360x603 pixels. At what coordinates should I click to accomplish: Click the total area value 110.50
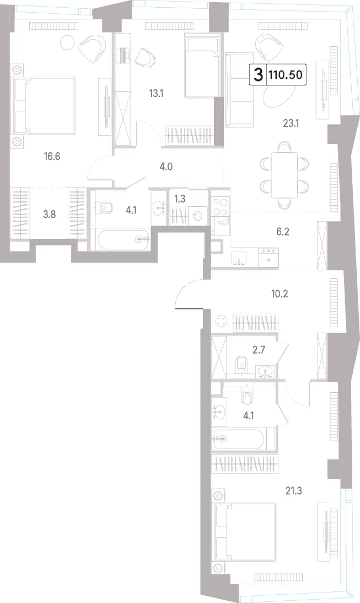pos(286,74)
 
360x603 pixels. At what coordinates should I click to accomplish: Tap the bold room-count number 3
pos(259,74)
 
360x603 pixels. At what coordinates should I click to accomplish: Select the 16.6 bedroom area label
pos(52,157)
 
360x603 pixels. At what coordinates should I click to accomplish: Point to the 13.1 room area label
pos(156,93)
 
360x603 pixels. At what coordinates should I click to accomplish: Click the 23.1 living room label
pos(291,124)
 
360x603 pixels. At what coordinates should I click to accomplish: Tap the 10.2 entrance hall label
pos(280,294)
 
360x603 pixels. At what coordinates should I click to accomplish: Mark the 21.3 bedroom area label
pos(293,491)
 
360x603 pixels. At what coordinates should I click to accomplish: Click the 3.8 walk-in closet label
pos(49,215)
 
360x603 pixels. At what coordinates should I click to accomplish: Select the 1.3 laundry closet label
pos(180,199)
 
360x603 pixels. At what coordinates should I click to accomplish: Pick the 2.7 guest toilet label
pos(259,350)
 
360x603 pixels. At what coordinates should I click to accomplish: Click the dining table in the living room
pos(284,175)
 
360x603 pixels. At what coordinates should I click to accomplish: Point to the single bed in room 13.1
pos(202,65)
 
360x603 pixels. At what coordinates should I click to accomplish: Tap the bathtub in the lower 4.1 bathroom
pos(243,438)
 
